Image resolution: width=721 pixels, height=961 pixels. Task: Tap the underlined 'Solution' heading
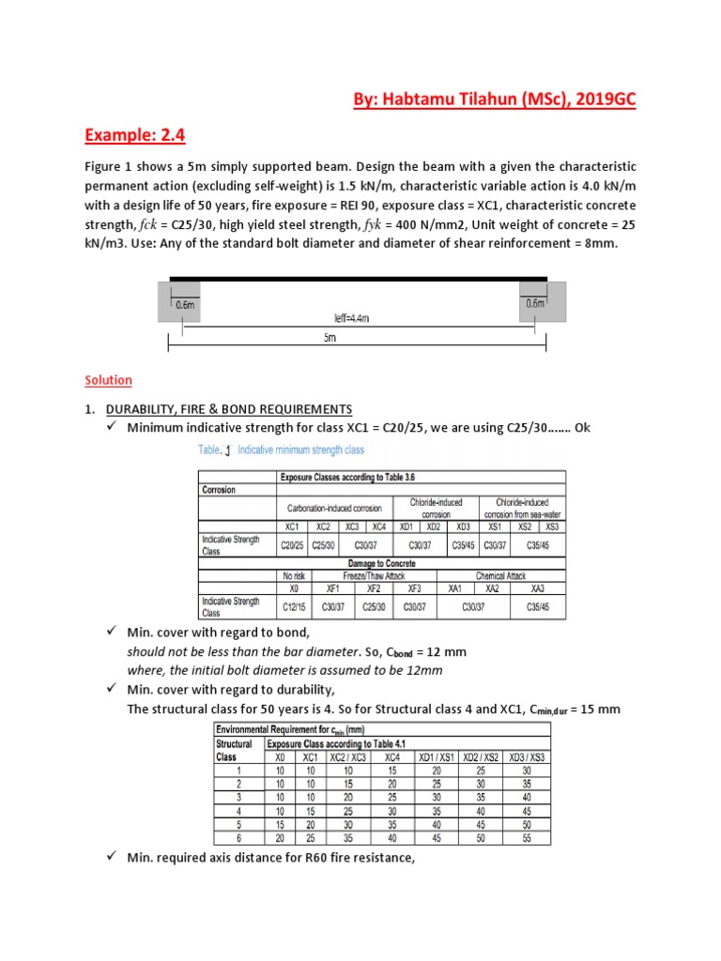(x=109, y=380)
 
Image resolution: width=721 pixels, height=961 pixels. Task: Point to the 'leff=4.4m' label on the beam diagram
(x=352, y=318)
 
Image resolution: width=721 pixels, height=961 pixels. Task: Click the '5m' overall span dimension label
(x=330, y=339)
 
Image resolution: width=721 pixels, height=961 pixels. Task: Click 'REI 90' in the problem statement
(x=354, y=205)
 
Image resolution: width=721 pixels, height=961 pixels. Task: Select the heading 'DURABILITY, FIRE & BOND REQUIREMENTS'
(x=229, y=409)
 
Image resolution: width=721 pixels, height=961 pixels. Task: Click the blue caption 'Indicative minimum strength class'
(x=300, y=450)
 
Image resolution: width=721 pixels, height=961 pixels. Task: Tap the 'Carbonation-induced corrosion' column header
(x=334, y=508)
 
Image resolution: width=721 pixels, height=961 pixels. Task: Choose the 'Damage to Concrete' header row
(x=421, y=562)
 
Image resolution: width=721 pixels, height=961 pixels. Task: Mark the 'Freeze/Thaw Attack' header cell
(x=373, y=575)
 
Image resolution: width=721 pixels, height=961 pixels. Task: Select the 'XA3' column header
(x=538, y=588)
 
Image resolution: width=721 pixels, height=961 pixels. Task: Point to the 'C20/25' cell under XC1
(x=292, y=544)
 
